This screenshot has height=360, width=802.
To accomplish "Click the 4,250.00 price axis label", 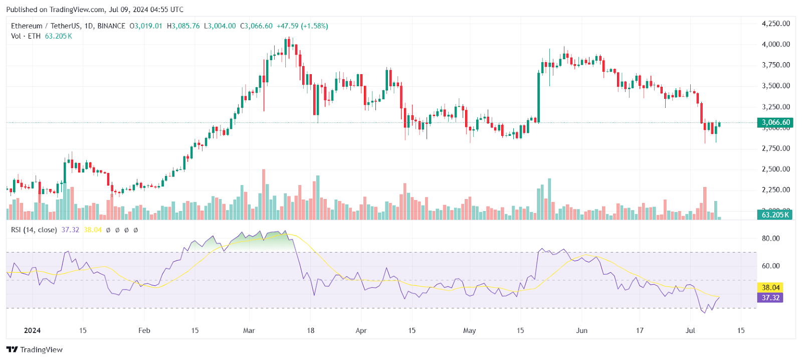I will point(775,24).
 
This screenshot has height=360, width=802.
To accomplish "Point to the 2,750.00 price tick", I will point(775,148).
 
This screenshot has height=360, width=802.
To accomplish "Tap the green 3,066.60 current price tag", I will point(775,122).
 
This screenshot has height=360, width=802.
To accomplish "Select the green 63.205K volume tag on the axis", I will point(775,215).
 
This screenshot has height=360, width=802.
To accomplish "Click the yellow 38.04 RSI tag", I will point(770,287).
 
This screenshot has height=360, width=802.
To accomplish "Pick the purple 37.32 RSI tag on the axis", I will point(770,297).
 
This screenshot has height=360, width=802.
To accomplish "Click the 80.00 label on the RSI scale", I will point(770,238).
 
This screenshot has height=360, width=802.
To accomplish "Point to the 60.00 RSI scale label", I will point(770,266).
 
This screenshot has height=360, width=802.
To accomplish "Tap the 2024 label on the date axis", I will point(32,330).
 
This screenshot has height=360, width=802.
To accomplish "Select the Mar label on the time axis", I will point(249,330).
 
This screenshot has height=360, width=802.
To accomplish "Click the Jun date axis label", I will point(581,330).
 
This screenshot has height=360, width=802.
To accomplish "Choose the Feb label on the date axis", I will point(144,330).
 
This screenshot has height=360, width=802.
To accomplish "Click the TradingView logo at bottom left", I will point(35,349).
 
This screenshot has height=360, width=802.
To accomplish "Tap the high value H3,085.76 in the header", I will point(183,26).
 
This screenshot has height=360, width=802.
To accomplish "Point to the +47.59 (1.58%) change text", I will point(302,26).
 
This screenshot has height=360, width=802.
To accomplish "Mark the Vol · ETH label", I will point(26,36).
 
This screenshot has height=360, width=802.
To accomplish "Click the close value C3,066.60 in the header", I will point(256,26).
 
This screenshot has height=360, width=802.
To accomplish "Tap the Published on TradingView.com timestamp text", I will point(95,10).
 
